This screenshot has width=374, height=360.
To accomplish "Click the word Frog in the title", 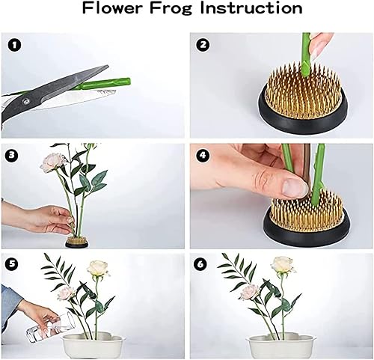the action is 171,8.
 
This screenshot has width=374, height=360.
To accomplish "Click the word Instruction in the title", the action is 251,7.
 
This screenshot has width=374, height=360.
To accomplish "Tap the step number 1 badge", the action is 14,46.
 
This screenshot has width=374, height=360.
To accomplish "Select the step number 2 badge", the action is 203,45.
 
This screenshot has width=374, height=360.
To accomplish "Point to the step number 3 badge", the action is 11,155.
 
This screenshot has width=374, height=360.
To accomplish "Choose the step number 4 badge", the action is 203,155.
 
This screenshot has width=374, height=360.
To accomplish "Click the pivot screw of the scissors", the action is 25,101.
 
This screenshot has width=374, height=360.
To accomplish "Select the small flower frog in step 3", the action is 76,242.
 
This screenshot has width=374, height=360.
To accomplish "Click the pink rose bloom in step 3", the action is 52,162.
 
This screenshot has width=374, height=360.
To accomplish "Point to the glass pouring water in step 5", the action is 51,327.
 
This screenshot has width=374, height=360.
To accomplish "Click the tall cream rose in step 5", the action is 98,268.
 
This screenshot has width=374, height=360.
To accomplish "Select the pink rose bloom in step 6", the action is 249,292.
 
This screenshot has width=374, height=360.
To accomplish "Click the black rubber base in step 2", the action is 303,118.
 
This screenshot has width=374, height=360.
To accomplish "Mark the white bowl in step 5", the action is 93,346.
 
